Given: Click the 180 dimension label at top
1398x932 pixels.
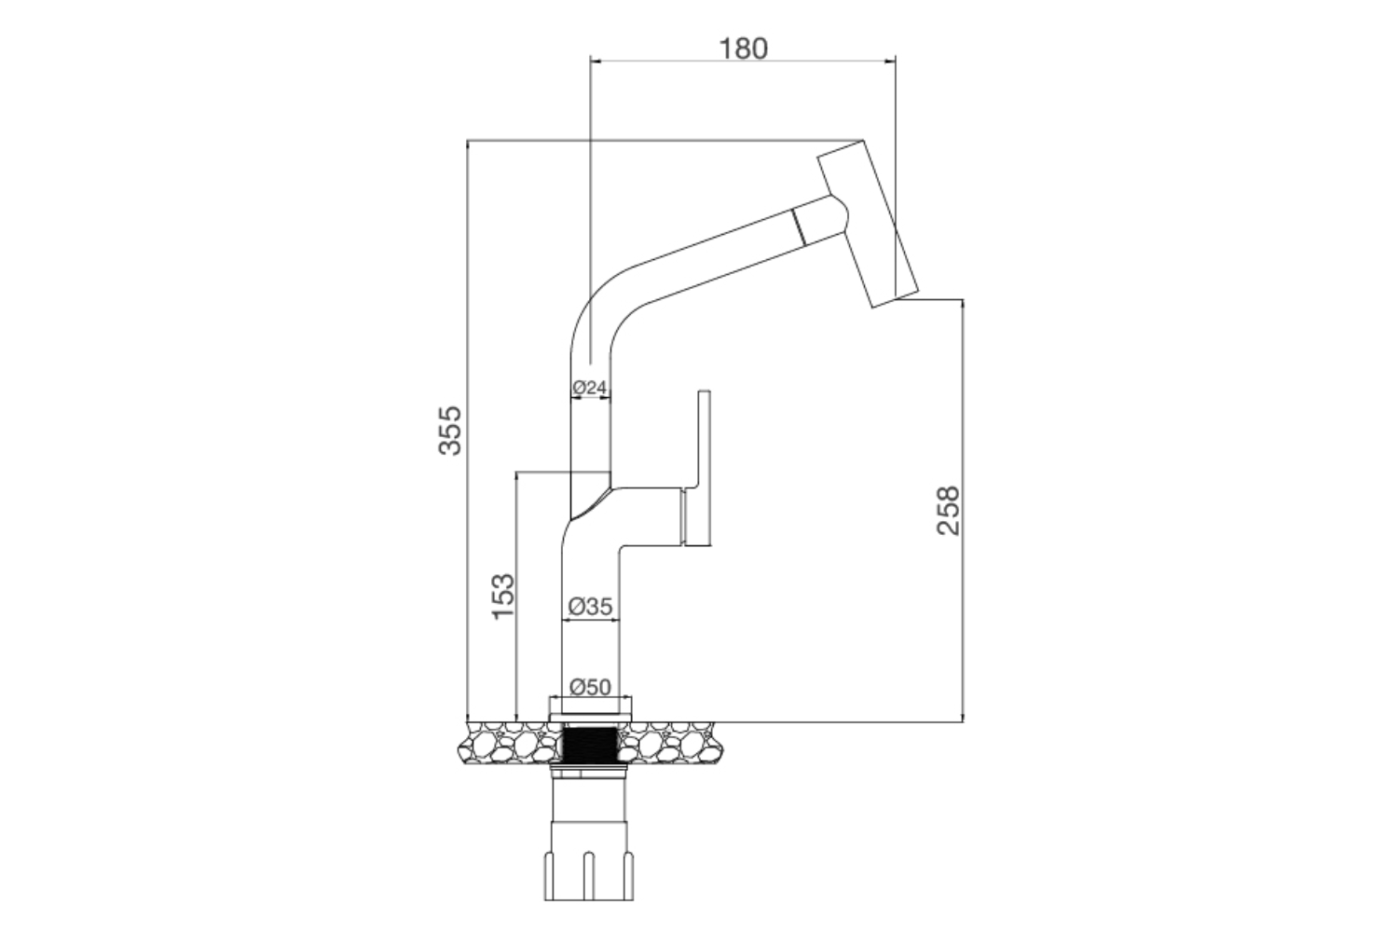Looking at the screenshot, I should [743, 48].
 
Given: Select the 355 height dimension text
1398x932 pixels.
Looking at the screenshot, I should [450, 430].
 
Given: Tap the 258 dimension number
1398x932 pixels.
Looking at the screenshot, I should [948, 510].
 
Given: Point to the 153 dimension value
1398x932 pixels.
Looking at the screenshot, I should [502, 596].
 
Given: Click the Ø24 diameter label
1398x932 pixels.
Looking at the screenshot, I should [590, 386].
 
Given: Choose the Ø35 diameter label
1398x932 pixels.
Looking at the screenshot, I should [590, 606].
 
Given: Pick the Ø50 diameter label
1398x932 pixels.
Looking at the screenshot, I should [589, 687].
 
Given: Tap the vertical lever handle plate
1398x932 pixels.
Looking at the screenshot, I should [704, 466].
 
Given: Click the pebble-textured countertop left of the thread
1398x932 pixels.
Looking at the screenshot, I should [513, 743].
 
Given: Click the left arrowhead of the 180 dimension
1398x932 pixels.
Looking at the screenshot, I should [596, 62].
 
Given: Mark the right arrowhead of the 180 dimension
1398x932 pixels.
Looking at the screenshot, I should [890, 62].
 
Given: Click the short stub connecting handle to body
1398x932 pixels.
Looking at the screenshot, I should [684, 517].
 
